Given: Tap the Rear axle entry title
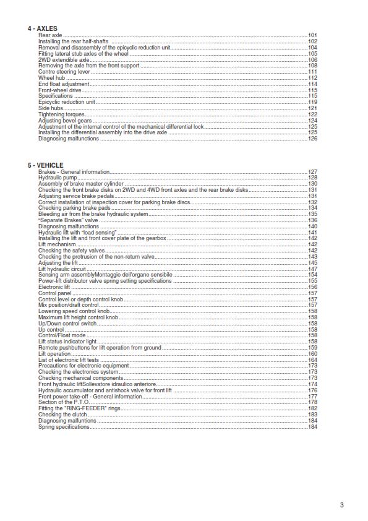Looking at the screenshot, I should click(50, 36).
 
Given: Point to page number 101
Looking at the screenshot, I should click(312, 36).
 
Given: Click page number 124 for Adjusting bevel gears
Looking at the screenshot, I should click(312, 120).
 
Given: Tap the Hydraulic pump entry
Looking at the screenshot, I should click(58, 178).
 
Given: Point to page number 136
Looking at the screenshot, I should click(312, 220).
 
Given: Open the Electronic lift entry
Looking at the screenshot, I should click(54, 287).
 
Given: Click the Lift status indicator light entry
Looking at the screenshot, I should click(67, 342).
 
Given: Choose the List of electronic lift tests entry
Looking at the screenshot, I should click(70, 360).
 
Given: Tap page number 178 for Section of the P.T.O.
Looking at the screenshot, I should click(312, 402).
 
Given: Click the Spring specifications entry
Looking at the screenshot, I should click(64, 427).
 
